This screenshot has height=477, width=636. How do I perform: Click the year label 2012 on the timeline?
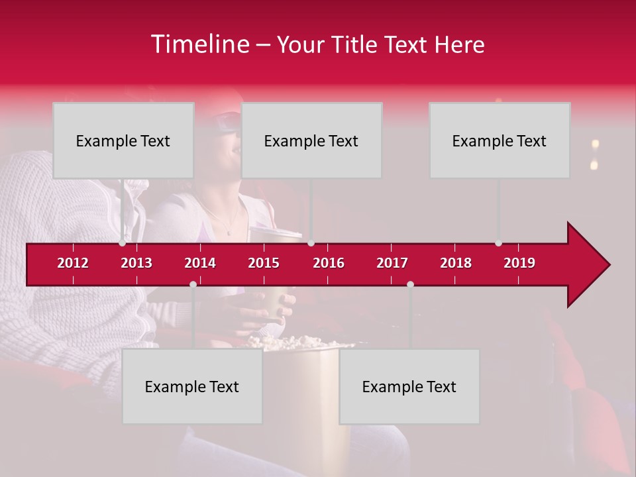pyautogui.click(x=73, y=263)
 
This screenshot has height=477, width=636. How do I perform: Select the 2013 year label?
pyautogui.click(x=136, y=263)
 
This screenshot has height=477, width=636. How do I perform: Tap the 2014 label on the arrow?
pyautogui.click(x=200, y=263)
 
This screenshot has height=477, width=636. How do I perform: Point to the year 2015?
pyautogui.click(x=264, y=263)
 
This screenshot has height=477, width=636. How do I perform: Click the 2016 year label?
pyautogui.click(x=329, y=263)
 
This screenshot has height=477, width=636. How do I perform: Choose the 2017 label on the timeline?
pyautogui.click(x=392, y=263)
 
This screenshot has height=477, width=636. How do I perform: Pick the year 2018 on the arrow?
pyautogui.click(x=456, y=263)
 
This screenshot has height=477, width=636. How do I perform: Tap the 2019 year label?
pyautogui.click(x=519, y=263)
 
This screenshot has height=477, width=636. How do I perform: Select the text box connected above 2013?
pyautogui.click(x=123, y=140)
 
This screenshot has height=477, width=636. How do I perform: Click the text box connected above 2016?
pyautogui.click(x=311, y=140)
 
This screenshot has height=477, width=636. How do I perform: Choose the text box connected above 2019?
pyautogui.click(x=500, y=140)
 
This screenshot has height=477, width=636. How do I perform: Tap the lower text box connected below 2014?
pyautogui.click(x=192, y=387)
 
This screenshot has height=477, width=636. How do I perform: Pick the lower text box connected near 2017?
pyautogui.click(x=409, y=387)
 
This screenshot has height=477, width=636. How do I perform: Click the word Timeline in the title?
pyautogui.click(x=199, y=44)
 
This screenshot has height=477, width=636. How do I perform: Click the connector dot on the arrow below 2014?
pyautogui.click(x=193, y=284)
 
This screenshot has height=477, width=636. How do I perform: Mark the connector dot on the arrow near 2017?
pyautogui.click(x=410, y=284)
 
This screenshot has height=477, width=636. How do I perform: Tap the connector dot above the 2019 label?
pyautogui.click(x=498, y=243)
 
